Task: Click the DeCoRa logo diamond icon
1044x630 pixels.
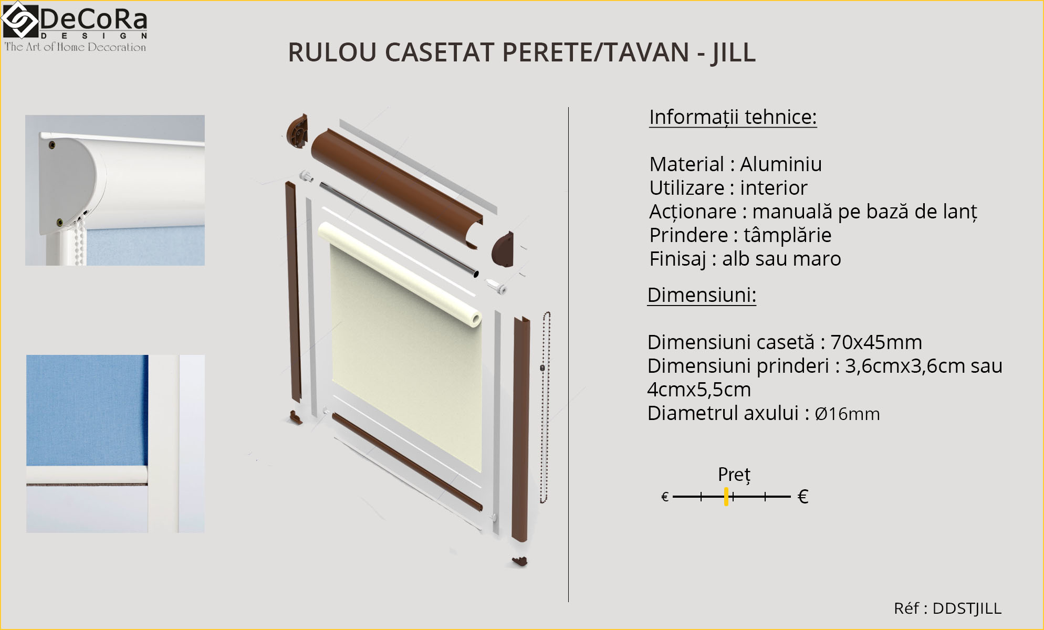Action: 19,21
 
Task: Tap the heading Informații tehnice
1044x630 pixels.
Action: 733,117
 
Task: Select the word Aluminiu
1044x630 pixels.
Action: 780,164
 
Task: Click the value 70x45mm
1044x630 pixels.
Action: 876,342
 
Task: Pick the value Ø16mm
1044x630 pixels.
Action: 847,414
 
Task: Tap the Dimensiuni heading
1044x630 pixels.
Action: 701,295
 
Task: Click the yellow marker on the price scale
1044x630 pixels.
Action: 726,496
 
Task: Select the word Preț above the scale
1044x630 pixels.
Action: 734,475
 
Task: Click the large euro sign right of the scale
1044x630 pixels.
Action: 802,497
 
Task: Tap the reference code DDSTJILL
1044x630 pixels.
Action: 966,608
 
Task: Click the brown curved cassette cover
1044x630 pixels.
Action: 394,184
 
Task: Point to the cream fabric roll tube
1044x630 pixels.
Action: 399,273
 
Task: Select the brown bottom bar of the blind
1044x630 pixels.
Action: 407,462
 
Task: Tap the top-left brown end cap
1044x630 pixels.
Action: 297,131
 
